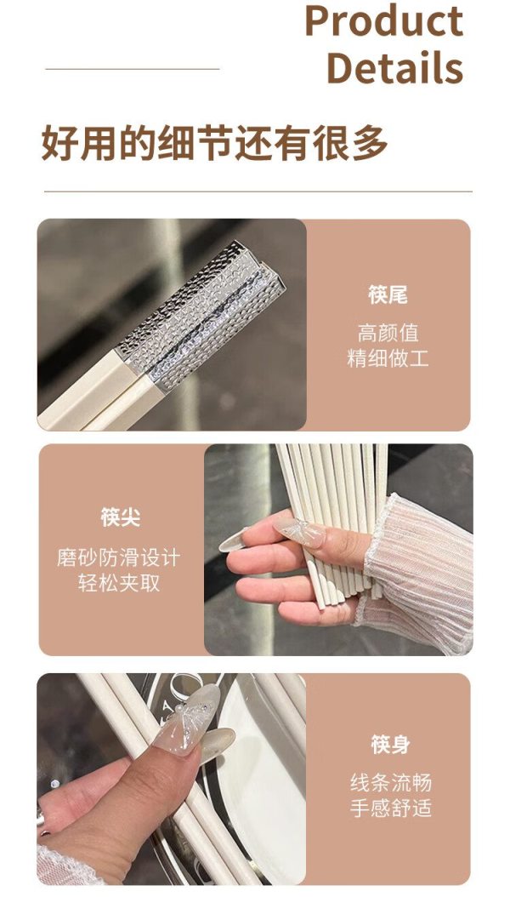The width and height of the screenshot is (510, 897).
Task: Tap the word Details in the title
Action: point(394,67)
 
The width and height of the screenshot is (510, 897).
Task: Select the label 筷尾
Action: point(388,295)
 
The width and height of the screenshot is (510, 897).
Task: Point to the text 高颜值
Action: point(388,333)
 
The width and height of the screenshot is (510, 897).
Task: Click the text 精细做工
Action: point(388,358)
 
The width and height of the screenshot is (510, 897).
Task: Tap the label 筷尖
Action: point(120,517)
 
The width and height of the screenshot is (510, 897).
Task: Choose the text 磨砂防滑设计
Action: point(119,557)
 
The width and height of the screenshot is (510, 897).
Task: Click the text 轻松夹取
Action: point(119,583)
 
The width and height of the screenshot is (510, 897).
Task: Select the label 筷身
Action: point(391,745)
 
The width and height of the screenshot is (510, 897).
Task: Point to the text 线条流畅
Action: point(391,782)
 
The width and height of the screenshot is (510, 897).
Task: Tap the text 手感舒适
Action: point(391,808)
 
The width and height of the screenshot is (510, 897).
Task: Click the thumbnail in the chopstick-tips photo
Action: point(300,533)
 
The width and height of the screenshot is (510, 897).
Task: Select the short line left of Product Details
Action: point(133,69)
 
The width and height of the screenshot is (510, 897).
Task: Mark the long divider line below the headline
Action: point(258,191)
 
